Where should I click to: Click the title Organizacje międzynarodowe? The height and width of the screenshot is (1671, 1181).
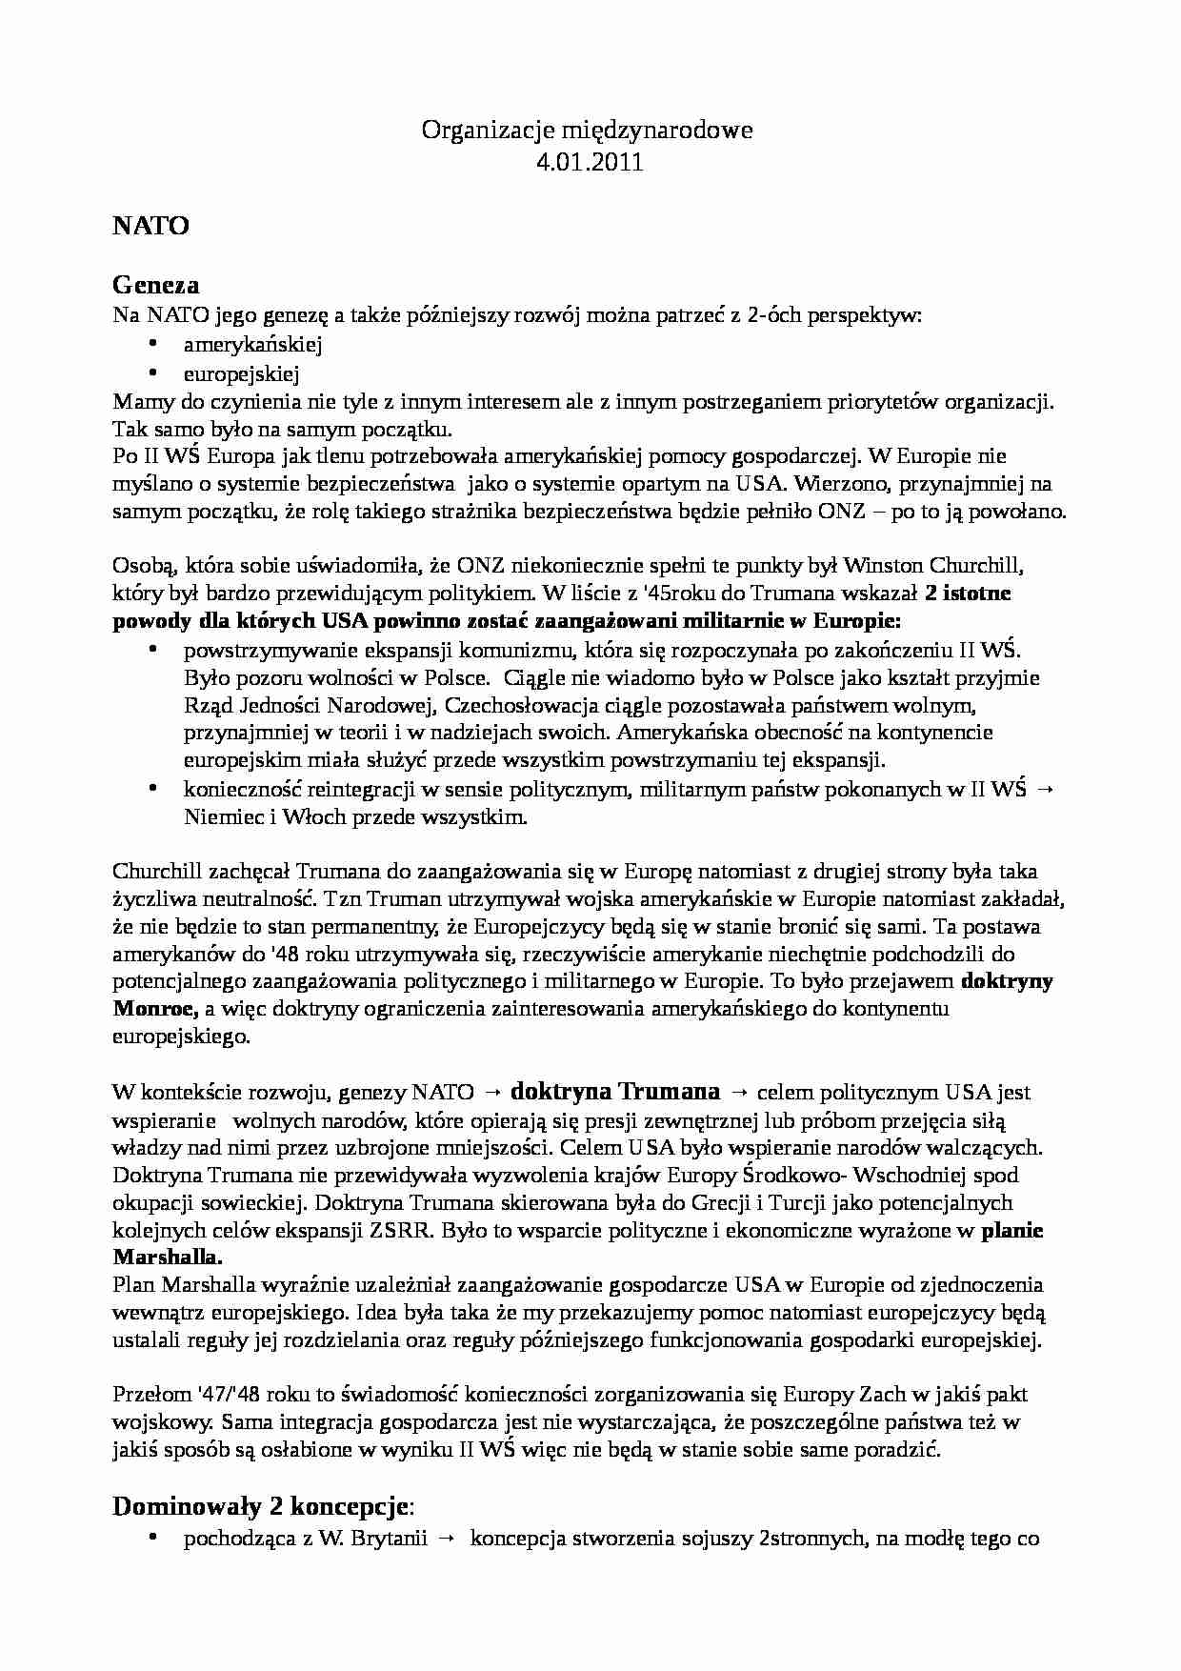[x=588, y=131]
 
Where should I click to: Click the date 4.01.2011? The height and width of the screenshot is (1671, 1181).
[x=590, y=162]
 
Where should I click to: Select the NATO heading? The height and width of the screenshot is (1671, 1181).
[x=150, y=226]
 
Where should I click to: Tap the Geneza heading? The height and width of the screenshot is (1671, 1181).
[x=155, y=284]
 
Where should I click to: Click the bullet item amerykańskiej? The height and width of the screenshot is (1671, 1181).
[x=253, y=345]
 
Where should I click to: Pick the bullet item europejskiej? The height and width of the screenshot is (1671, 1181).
[x=242, y=373]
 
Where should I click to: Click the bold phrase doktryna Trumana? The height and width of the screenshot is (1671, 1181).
[x=615, y=1091]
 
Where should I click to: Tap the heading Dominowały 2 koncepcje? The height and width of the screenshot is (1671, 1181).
[x=262, y=1506]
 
